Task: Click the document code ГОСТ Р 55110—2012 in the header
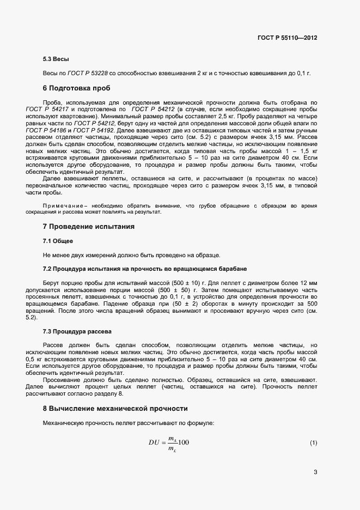pos(287,38)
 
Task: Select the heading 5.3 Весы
pos(56,59)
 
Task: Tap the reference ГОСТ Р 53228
pos(87,73)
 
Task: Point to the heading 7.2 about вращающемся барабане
pos(145,269)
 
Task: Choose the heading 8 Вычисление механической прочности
pos(115,408)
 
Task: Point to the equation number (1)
pos(313,442)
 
